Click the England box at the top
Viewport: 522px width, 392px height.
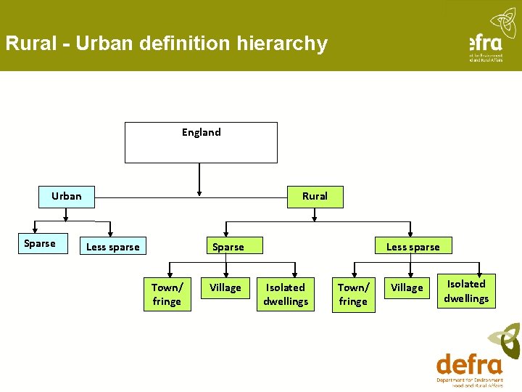(x=201, y=142)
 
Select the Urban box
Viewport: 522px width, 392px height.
(x=66, y=196)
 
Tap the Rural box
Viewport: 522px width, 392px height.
(x=315, y=196)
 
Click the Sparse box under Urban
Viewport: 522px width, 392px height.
(x=39, y=243)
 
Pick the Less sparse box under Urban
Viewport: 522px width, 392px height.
(x=112, y=247)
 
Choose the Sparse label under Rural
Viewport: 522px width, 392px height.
(x=228, y=247)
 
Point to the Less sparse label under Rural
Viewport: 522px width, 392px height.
(x=413, y=247)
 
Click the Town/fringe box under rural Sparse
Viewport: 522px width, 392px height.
(x=167, y=295)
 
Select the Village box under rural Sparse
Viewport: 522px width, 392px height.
(x=225, y=288)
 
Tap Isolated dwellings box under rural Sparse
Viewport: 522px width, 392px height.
(x=286, y=295)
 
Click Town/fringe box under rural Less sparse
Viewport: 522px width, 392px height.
(x=353, y=295)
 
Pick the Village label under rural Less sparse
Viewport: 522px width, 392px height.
(x=407, y=288)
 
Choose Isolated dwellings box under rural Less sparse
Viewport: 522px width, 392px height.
(x=466, y=291)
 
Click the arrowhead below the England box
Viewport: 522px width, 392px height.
(x=200, y=192)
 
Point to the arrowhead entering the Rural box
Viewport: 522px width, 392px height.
(x=315, y=217)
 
